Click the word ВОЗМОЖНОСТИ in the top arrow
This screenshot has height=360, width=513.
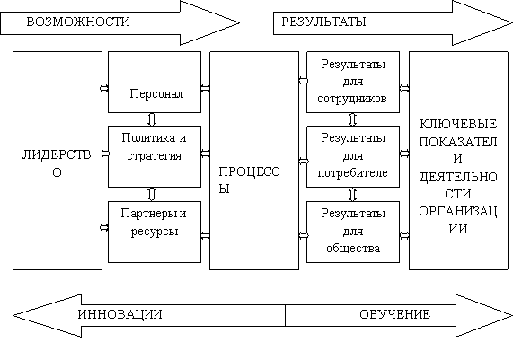[78, 22]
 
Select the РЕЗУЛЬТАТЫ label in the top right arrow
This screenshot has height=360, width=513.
[323, 22]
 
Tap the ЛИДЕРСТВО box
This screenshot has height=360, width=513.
[57, 161]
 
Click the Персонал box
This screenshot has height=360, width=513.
[155, 82]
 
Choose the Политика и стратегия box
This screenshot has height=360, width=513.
[155, 156]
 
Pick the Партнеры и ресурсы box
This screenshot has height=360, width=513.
[155, 232]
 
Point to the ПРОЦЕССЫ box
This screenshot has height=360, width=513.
[254, 161]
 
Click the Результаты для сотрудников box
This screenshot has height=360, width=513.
[353, 82]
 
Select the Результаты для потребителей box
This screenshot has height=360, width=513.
[353, 156]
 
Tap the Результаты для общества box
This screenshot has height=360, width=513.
[353, 232]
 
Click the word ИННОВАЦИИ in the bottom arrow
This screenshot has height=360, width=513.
[119, 314]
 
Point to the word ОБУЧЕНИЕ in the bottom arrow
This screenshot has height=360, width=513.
[395, 314]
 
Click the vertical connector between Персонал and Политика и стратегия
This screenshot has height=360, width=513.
[152, 119]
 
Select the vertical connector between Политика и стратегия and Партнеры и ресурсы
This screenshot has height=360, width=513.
[152, 194]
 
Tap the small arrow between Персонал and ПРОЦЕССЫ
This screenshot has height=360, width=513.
[206, 88]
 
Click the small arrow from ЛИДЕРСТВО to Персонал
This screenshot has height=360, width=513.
[104, 88]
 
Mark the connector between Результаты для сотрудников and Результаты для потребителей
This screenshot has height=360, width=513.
[352, 119]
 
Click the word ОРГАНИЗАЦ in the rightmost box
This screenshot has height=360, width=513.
[457, 211]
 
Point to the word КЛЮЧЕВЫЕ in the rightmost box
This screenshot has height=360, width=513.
[457, 124]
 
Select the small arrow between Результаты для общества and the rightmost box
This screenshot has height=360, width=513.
[404, 235]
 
